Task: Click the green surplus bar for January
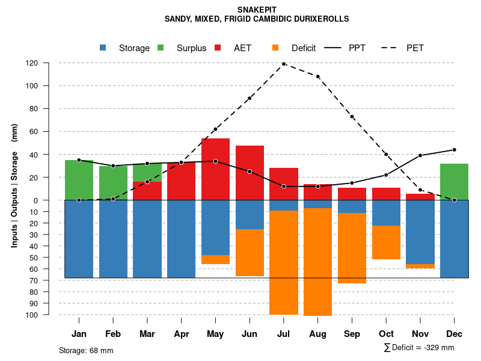(x=79, y=180)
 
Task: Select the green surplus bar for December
(x=454, y=182)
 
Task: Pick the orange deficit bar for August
(x=317, y=262)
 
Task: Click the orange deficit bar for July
(x=284, y=262)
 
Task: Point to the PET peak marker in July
(x=284, y=64)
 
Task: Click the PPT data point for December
(x=454, y=150)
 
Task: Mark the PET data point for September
(x=352, y=117)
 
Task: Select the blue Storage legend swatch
(x=103, y=48)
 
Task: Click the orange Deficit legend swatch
(x=275, y=48)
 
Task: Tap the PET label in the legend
(x=415, y=48)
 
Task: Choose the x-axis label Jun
(x=250, y=334)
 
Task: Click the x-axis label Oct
(x=386, y=334)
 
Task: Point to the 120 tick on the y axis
(x=49, y=63)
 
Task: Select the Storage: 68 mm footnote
(x=86, y=350)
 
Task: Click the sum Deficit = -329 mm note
(x=418, y=348)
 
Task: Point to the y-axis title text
(x=14, y=185)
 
